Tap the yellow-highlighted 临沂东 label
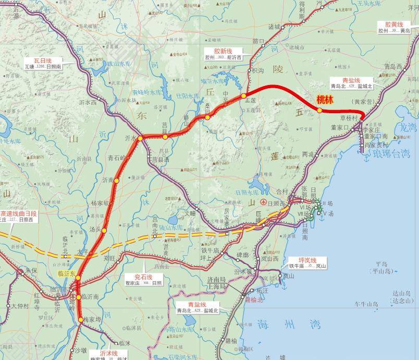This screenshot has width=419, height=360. pyautogui.click(x=67, y=273)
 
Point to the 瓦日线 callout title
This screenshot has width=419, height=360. pyautogui.click(x=43, y=60)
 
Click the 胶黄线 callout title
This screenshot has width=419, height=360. pyautogui.click(x=394, y=24)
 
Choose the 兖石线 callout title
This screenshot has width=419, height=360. pyautogui.click(x=144, y=276)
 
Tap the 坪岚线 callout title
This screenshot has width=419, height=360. pyautogui.click(x=307, y=260)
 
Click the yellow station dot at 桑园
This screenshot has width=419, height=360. pyautogui.click(x=207, y=117)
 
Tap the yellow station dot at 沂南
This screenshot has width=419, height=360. pyautogui.click(x=117, y=181)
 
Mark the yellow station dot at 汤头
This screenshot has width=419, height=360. pyautogui.click(x=104, y=230)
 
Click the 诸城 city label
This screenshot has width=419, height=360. pyautogui.click(x=274, y=27)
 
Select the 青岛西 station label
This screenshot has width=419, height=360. pyautogui.click(x=392, y=66)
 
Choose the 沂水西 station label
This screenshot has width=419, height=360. pyautogui.click(x=87, y=102)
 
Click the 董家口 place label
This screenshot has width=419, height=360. pyautogui.click(x=339, y=127)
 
